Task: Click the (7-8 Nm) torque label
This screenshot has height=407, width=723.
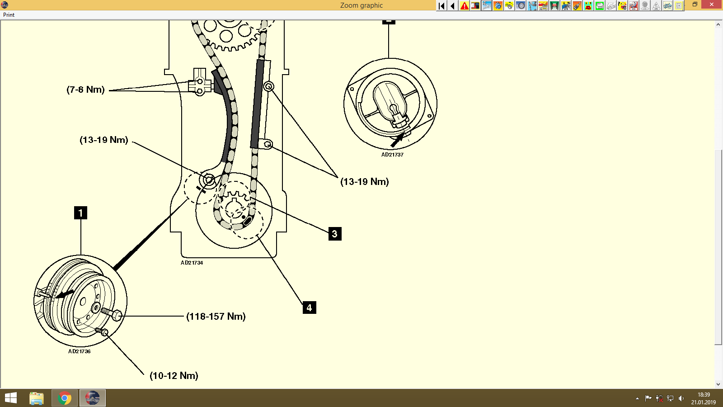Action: click(85, 90)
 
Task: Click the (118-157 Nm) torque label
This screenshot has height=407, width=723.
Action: click(216, 317)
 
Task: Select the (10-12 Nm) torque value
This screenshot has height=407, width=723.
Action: click(174, 376)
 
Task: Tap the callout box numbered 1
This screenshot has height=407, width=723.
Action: click(80, 213)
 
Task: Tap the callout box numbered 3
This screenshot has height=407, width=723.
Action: click(335, 234)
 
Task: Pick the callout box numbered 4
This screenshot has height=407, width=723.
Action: click(309, 308)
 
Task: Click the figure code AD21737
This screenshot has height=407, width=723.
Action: click(392, 155)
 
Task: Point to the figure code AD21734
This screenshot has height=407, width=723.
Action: click(192, 263)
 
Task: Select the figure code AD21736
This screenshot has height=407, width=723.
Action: click(80, 351)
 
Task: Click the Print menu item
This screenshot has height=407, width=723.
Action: click(9, 15)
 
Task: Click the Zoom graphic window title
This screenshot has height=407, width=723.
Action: click(361, 5)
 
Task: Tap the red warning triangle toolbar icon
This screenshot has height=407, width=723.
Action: click(464, 6)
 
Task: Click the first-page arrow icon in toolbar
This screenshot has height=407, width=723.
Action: click(441, 6)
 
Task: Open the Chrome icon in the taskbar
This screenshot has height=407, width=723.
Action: click(65, 398)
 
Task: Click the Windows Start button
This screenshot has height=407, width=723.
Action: click(10, 398)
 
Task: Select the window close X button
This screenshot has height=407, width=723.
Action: click(712, 5)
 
